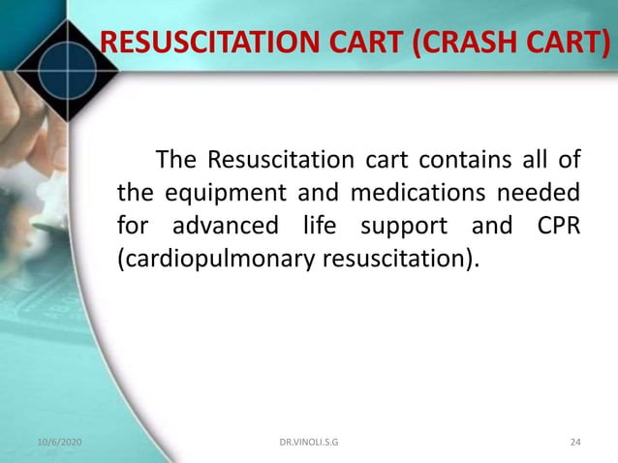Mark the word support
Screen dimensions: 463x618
(404, 227)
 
